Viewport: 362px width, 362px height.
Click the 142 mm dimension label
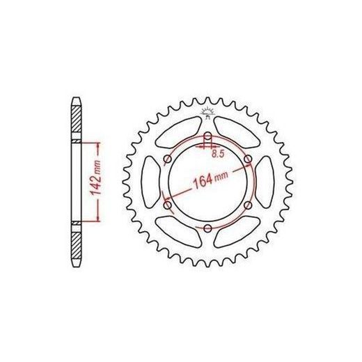tap(96, 178)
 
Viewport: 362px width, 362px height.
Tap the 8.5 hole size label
tap(218, 155)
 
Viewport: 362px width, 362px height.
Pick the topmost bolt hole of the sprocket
tap(207, 136)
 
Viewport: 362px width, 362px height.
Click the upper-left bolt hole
tap(168, 159)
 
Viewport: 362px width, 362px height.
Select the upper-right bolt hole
tap(248, 159)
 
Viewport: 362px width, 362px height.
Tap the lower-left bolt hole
tap(168, 205)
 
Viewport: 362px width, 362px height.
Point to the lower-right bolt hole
tap(248, 205)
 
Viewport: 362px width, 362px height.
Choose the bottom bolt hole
tap(207, 228)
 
